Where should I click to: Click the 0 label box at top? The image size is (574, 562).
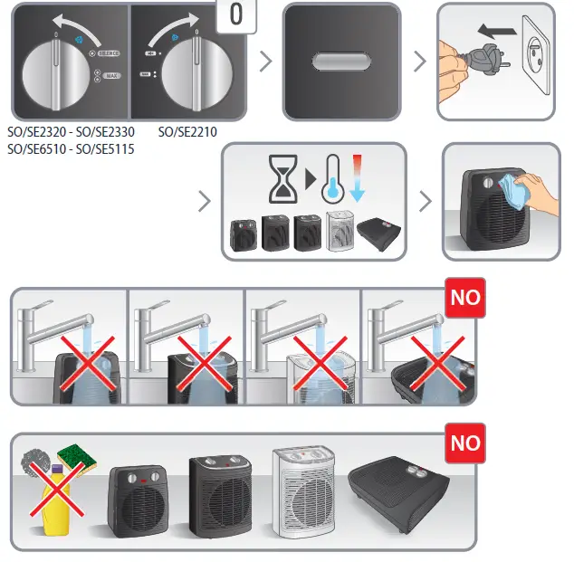tap(237, 15)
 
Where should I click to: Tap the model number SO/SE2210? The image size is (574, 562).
tap(187, 132)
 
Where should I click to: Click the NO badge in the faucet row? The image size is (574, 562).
tap(464, 297)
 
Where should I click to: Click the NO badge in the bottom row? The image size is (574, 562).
tap(464, 443)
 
